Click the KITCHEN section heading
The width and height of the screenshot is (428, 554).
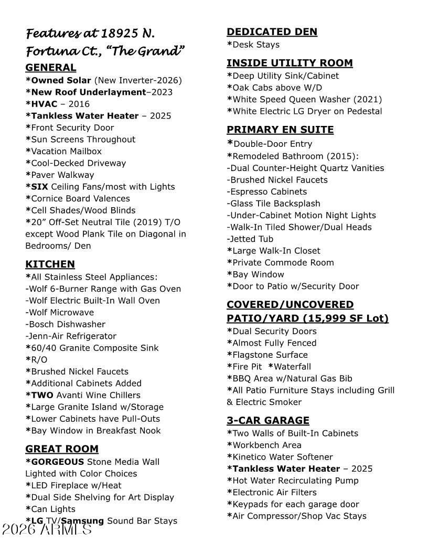[50, 264]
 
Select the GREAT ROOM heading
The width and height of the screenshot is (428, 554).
[62, 449]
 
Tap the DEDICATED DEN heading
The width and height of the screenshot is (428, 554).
[272, 31]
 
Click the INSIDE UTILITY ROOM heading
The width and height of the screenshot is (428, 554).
[290, 63]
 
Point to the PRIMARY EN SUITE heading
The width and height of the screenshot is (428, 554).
[280, 130]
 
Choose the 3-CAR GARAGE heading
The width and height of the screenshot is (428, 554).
[268, 420]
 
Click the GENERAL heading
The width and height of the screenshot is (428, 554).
[51, 67]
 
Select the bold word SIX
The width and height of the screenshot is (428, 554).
[40, 186]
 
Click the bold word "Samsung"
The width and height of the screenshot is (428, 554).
[83, 521]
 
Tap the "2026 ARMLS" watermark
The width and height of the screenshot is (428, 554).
[47, 529]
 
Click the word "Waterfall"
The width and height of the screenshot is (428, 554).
[292, 367]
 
